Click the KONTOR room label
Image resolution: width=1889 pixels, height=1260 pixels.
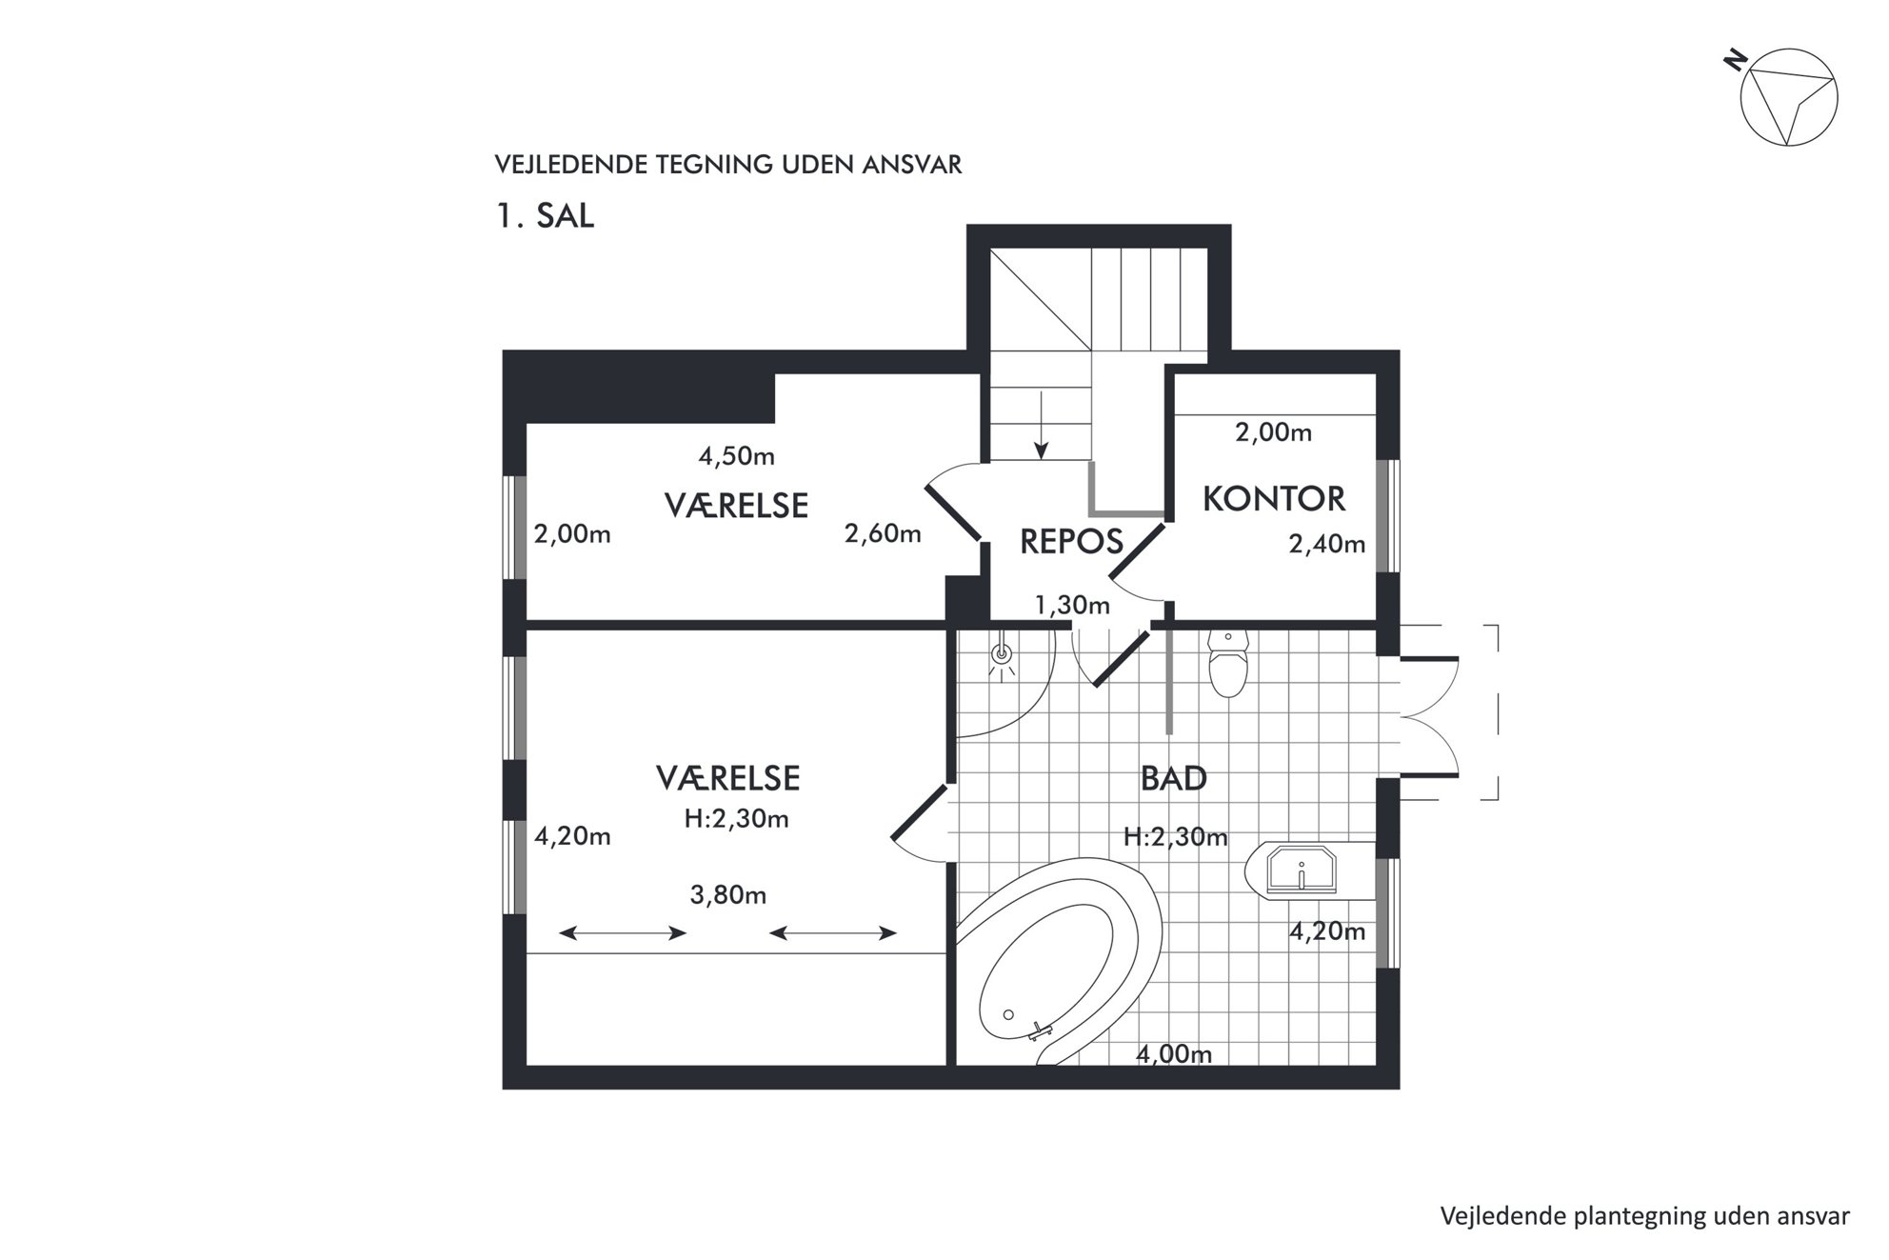[1274, 498]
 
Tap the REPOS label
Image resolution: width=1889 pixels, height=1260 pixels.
[1071, 542]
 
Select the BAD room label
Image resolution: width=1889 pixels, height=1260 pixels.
[1174, 779]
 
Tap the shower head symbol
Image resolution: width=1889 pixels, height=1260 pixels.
[1001, 654]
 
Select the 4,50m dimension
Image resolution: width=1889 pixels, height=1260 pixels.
[737, 456]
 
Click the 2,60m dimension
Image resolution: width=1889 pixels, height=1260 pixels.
[883, 533]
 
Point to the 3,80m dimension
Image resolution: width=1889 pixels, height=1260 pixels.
[728, 895]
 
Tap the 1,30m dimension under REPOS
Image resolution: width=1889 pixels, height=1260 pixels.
[1072, 605]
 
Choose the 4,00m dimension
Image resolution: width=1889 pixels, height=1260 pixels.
[1174, 1054]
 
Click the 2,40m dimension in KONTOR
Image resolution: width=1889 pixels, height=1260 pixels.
[1327, 544]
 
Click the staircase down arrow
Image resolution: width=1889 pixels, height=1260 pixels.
[1042, 425]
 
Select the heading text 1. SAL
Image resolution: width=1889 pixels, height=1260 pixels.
[545, 216]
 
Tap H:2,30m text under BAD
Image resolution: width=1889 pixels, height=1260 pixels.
[1175, 837]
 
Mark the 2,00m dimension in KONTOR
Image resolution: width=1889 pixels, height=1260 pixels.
[1274, 433]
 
